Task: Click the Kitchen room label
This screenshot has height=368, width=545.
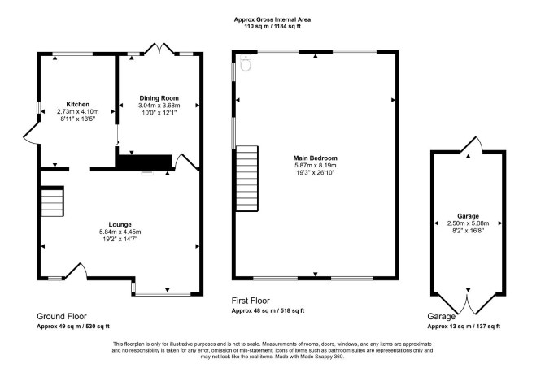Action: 78,104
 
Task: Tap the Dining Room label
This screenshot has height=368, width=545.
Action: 159,98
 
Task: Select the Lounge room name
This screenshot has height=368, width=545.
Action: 120,224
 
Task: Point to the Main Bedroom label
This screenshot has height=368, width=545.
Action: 316,158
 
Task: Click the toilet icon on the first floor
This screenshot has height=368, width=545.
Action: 246,63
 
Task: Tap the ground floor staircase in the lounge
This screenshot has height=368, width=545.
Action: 52,201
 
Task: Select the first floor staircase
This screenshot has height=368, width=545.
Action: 247,179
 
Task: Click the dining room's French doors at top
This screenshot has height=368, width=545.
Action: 159,50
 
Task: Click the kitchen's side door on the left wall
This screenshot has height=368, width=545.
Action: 31,134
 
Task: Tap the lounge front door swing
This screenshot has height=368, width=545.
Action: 77,271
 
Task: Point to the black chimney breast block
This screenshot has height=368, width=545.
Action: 144,162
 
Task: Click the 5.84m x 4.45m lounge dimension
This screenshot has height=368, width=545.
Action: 120,232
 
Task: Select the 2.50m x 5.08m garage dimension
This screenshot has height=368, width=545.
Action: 468,223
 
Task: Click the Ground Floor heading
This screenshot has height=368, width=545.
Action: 62,316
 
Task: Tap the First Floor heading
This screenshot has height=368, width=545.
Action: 251,301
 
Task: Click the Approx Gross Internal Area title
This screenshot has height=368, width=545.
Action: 272,19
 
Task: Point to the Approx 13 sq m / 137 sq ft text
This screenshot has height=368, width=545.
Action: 464,327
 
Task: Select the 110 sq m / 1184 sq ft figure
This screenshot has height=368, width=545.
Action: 272,26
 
